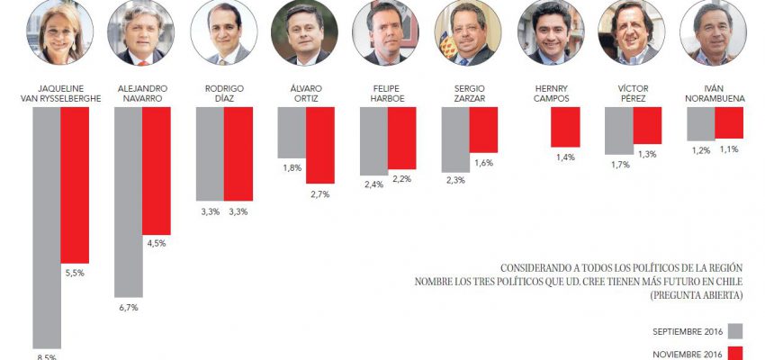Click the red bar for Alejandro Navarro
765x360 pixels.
click(156, 170)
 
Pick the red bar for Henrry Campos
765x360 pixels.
click(564, 127)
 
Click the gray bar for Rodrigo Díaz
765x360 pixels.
click(210, 153)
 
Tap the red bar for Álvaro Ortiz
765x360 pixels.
click(320, 145)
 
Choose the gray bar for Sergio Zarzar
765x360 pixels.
click(455, 139)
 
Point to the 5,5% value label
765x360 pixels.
click(74, 273)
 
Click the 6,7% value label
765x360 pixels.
click(128, 308)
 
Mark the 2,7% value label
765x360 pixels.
click(320, 193)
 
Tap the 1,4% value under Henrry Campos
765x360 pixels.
click(564, 157)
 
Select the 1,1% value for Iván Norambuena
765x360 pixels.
click(729, 149)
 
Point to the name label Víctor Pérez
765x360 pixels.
click(632, 93)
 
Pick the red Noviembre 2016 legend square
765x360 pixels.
click(734, 354)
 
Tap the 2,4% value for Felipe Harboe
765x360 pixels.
click(373, 184)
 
